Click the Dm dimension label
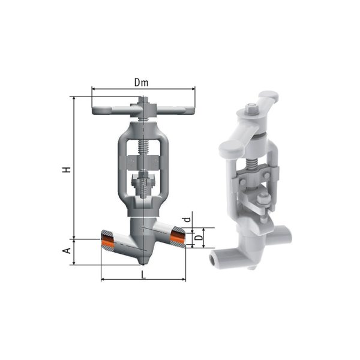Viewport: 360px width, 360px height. [141, 82]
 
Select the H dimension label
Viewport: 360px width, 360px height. [67, 170]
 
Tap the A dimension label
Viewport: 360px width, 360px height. [67, 250]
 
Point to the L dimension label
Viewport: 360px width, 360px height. [143, 274]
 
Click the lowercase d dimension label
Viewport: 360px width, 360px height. [188, 219]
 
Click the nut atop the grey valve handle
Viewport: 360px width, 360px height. [143, 101]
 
